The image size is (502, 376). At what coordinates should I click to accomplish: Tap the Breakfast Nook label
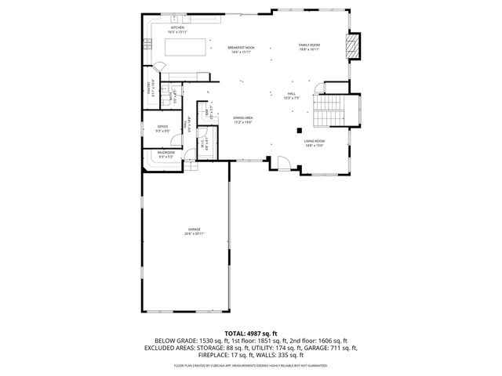tap(241, 49)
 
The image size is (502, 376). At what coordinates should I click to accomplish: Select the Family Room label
tap(309, 47)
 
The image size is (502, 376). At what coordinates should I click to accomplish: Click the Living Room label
tap(314, 143)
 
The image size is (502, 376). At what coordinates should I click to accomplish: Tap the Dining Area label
tap(242, 120)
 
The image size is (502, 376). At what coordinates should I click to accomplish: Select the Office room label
tap(163, 128)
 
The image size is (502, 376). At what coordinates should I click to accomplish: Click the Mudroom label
tap(166, 154)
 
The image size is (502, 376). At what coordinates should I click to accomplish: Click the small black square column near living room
tap(298, 130)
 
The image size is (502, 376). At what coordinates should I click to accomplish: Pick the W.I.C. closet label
tap(202, 145)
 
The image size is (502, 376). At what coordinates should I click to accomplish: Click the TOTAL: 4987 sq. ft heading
tap(250, 334)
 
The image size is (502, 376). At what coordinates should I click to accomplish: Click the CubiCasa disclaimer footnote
tap(250, 365)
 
